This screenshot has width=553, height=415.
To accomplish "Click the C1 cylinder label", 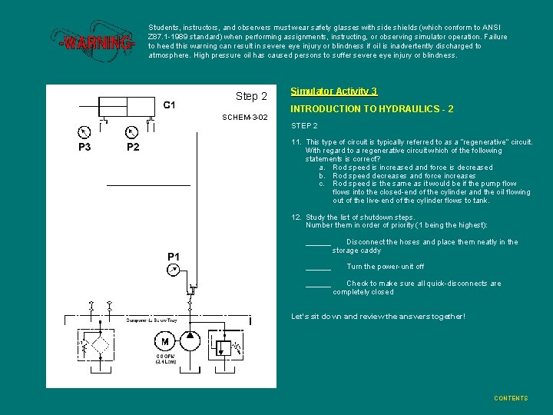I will coord(169,105).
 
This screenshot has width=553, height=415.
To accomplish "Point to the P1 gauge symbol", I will coord(174,269).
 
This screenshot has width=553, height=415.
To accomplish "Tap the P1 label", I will coord(174,256).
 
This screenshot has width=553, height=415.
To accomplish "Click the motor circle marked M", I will coord(164,341).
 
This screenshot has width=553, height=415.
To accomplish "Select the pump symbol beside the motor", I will coord(190,341).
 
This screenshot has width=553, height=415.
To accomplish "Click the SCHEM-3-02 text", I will coord(244,118).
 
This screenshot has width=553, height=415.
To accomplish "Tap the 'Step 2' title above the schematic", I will coord(251,96).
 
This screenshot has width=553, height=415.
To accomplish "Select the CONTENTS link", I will coord(511,398).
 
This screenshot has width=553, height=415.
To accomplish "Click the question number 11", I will coord(296,142).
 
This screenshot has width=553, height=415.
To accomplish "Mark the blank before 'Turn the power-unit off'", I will coord(318,267).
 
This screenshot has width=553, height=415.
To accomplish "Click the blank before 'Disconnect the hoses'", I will coord(318,243).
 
